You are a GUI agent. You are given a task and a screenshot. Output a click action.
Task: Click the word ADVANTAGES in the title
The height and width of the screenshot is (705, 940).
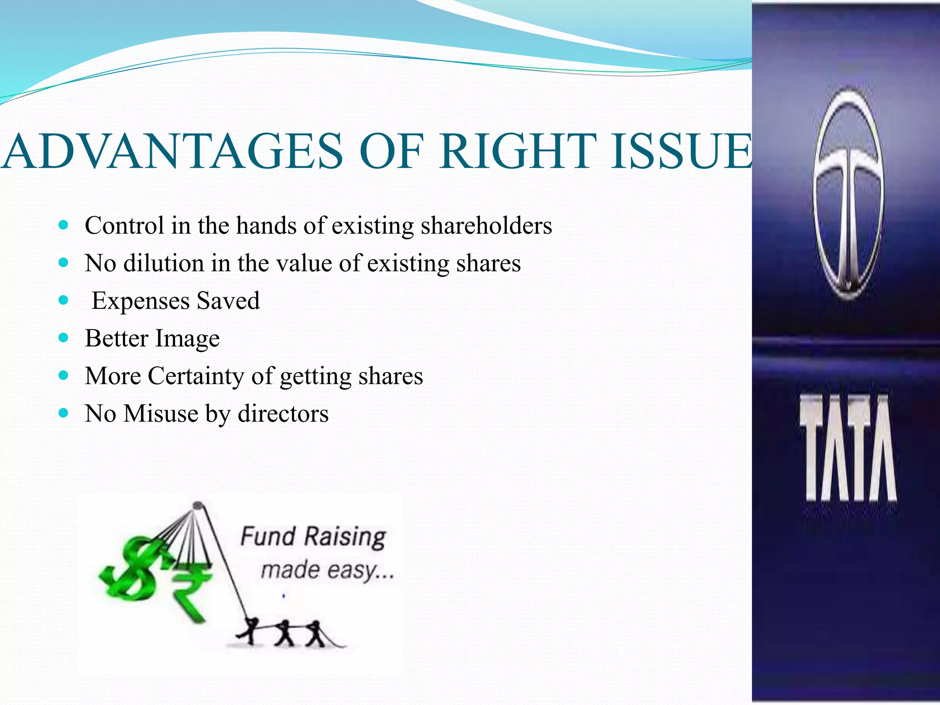click(x=172, y=151)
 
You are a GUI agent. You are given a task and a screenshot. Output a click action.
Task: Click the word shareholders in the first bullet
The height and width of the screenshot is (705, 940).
click(x=487, y=226)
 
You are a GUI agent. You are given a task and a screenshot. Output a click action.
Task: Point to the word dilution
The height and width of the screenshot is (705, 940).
click(x=163, y=263)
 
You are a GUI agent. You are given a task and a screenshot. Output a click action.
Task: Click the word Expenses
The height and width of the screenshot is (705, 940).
click(x=140, y=301)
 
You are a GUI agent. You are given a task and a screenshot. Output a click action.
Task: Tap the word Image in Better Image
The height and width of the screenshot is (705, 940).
click(x=187, y=339)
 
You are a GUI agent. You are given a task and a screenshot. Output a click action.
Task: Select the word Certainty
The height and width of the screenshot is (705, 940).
click(x=196, y=376)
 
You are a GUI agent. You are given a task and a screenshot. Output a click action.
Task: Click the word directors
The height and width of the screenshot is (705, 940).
click(x=283, y=414)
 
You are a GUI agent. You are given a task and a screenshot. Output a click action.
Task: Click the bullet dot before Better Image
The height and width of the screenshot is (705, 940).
click(x=64, y=338)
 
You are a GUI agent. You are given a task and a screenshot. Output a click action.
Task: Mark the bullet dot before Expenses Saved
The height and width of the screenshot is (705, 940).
click(x=64, y=301)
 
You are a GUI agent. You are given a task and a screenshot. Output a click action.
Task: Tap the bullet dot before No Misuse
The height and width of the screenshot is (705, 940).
click(x=64, y=413)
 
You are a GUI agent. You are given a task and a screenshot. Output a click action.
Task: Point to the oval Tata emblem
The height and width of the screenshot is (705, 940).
click(x=848, y=193)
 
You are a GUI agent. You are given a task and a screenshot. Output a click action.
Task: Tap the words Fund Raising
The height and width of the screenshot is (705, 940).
click(x=313, y=537)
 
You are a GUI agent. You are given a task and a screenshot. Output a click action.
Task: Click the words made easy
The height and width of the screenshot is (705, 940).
click(x=327, y=571)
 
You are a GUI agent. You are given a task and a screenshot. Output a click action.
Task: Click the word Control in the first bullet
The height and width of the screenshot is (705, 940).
click(x=124, y=226)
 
